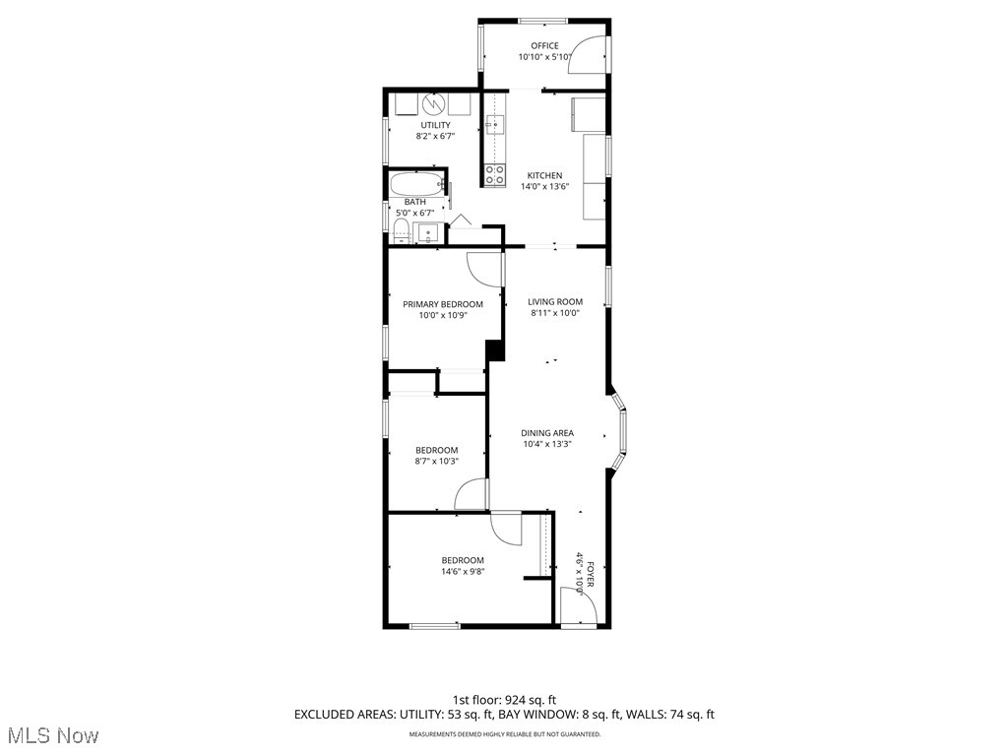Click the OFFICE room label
(544, 45)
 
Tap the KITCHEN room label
(544, 175)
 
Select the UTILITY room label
(435, 125)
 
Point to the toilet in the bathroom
(401, 232)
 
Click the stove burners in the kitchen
(494, 175)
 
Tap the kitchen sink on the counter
(495, 125)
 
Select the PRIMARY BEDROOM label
(443, 304)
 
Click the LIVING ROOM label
(555, 302)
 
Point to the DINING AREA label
(547, 433)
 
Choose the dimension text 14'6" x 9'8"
(463, 571)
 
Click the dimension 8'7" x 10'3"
(436, 461)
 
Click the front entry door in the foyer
(577, 604)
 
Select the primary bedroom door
(483, 269)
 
